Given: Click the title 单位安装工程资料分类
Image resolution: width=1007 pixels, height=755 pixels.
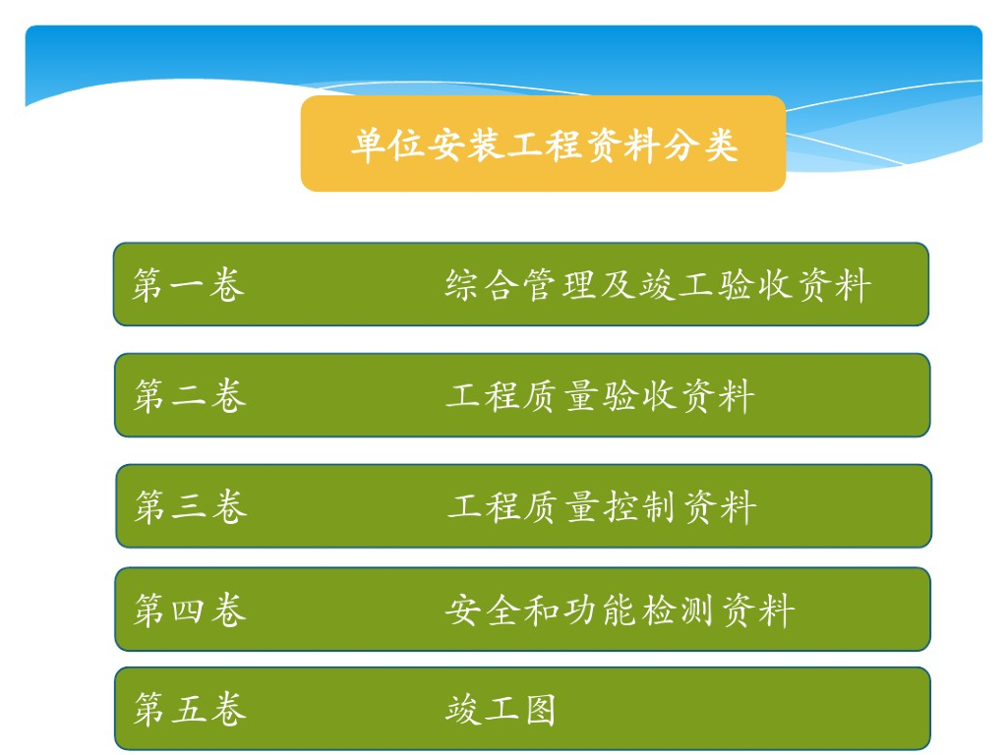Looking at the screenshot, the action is (x=544, y=145).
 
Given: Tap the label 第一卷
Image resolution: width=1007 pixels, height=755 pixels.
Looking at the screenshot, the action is (x=188, y=285).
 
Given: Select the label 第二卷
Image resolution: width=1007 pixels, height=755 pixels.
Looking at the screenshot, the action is (x=190, y=395).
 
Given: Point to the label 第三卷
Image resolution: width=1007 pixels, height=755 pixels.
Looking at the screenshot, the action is (x=190, y=506).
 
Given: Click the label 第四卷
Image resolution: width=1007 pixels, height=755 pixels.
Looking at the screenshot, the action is (x=190, y=610).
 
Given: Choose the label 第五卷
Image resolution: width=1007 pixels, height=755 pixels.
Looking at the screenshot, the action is (x=190, y=710).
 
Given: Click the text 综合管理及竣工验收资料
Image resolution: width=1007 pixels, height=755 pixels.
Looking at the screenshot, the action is (x=658, y=285).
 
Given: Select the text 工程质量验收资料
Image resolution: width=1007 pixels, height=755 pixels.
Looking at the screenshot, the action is (x=600, y=395).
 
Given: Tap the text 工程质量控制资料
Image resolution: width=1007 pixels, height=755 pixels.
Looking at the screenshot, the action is (x=602, y=506).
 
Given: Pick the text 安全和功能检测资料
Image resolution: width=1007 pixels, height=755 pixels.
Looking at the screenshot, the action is (x=620, y=610).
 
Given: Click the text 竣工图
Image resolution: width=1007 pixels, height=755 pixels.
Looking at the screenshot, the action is (x=501, y=710).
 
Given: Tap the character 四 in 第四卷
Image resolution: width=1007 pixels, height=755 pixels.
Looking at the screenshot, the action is (x=188, y=610).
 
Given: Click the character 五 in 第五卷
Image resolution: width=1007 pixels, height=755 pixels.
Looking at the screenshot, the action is (x=189, y=710).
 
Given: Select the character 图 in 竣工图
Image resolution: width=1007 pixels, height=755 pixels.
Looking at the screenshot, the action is (x=540, y=710).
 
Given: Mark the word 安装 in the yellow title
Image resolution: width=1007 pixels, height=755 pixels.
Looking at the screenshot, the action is (x=465, y=145).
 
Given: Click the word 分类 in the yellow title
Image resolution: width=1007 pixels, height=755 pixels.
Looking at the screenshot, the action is (x=700, y=145).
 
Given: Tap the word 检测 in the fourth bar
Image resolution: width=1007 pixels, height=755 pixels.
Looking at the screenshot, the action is (x=678, y=610).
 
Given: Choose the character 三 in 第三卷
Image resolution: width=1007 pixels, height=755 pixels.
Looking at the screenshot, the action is (x=189, y=507).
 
